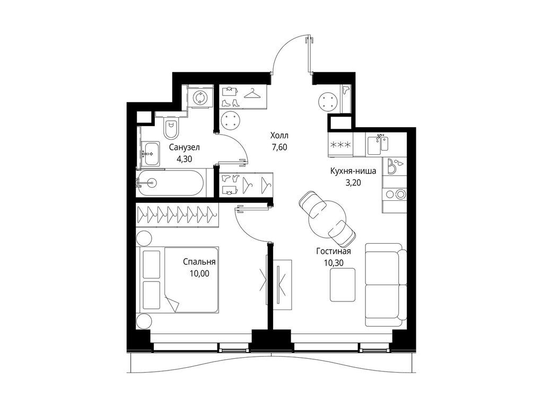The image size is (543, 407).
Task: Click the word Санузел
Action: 185,147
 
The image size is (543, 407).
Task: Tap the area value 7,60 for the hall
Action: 279,147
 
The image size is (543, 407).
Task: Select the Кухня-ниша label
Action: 353,171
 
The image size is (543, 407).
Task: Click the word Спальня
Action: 199,262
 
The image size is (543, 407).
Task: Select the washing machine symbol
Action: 200,98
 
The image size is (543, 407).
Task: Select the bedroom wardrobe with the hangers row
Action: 177,215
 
